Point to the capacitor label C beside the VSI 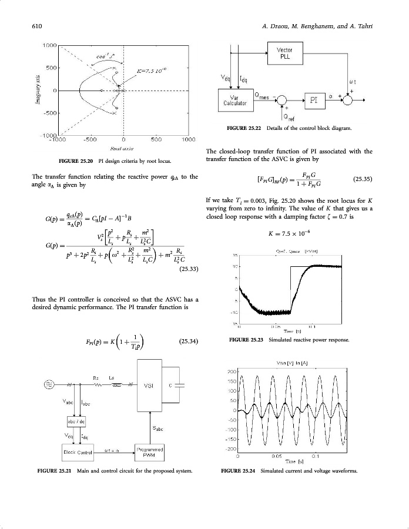(x=170, y=386)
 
